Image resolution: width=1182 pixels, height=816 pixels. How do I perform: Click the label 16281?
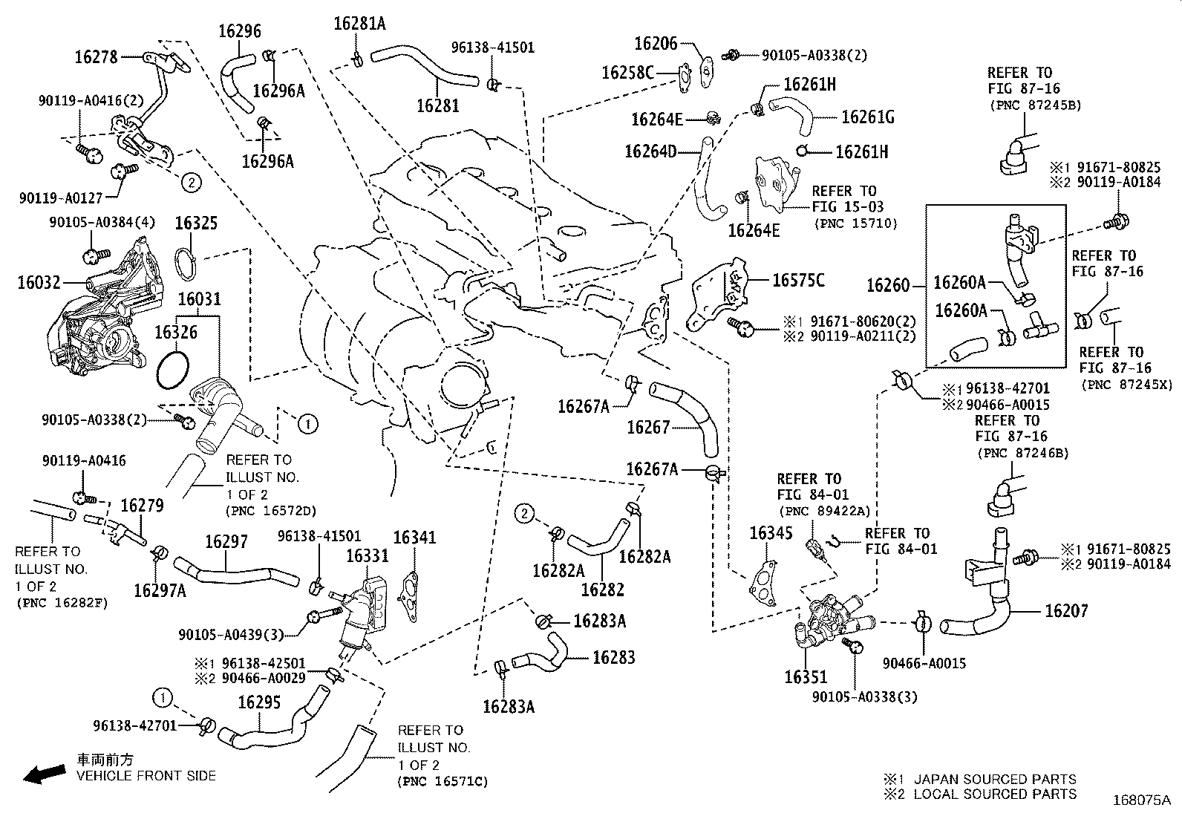(x=437, y=105)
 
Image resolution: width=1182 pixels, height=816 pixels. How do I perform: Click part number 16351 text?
(x=806, y=677)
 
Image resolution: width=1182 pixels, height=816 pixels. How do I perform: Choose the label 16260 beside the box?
(x=888, y=285)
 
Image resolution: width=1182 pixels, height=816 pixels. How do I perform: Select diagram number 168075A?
(x=1141, y=800)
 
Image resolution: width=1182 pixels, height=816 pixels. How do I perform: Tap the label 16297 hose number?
(x=226, y=542)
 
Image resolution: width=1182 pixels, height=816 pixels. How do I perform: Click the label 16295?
(x=259, y=702)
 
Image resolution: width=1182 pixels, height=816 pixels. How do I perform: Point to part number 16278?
(x=96, y=56)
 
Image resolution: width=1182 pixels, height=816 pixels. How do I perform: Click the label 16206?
(x=656, y=44)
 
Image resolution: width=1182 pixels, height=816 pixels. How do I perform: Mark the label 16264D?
(x=650, y=151)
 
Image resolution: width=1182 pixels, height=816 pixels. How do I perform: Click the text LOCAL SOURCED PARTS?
(x=995, y=794)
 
